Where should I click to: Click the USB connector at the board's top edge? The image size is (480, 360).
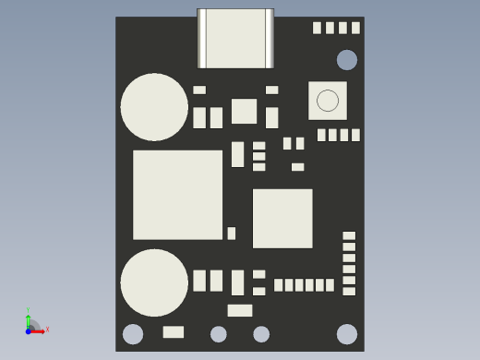[235, 39]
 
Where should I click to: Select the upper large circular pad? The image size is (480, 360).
[154, 107]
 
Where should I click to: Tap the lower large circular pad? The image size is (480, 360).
[154, 282]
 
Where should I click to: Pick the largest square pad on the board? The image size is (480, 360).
[178, 195]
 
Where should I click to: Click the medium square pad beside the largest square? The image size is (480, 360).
[282, 219]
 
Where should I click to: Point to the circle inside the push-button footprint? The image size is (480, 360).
[328, 101]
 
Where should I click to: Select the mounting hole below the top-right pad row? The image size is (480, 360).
[347, 60]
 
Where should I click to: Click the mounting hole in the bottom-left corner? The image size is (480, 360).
[133, 334]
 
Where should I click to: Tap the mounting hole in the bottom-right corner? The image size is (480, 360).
[347, 334]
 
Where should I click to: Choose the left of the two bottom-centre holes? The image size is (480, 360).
[219, 334]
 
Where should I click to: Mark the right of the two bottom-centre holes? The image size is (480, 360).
[261, 334]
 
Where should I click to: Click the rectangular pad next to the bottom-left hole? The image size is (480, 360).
[174, 332]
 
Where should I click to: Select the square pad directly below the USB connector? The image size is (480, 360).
[244, 112]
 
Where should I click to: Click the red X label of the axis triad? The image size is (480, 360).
[47, 330]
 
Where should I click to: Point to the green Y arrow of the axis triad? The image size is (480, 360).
[29, 316]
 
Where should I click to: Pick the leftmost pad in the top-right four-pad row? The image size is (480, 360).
[317, 28]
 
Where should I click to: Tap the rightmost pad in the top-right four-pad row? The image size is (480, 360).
[355, 28]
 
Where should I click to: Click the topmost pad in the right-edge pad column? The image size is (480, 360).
[349, 235]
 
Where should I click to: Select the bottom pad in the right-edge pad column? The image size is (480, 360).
[349, 291]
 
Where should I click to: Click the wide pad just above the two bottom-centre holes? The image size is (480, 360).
[240, 310]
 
